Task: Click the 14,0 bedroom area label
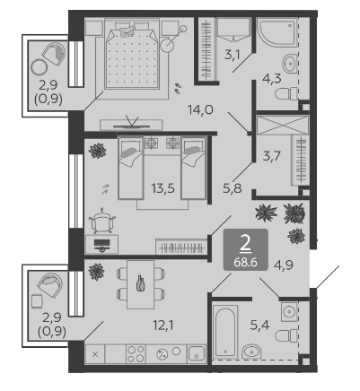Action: [x=200, y=109]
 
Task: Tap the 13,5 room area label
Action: [x=162, y=188]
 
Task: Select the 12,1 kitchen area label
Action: [x=163, y=325]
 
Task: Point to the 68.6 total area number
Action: [x=246, y=263]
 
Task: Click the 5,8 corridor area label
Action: [x=233, y=188]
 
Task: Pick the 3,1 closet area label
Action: [x=233, y=56]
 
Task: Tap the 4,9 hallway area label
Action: [x=284, y=265]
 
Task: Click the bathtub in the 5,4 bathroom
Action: [x=225, y=331]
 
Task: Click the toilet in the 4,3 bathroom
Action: [x=286, y=94]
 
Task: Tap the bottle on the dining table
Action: [x=141, y=283]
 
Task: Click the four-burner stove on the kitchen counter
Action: [x=136, y=354]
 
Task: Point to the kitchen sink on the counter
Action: [x=197, y=354]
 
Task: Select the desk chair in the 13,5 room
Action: [x=102, y=222]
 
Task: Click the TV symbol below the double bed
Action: [x=132, y=123]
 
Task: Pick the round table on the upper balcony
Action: [x=39, y=66]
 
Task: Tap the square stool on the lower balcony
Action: [x=37, y=300]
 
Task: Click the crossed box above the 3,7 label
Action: [x=283, y=125]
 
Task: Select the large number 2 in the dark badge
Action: [x=245, y=245]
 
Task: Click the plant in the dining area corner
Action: [x=96, y=272]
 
